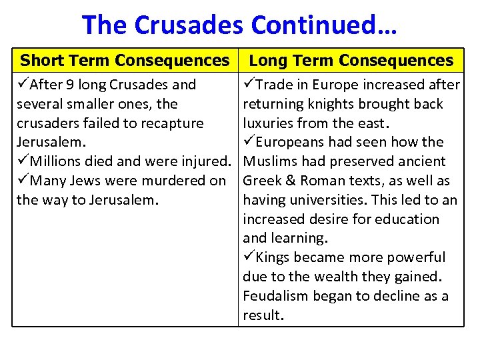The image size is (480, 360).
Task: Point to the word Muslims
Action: point(269,161)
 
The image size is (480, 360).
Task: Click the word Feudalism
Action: point(276,296)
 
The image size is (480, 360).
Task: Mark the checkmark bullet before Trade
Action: point(249,85)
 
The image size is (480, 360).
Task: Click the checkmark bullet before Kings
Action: point(249,257)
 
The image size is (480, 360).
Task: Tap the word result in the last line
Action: point(263,315)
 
